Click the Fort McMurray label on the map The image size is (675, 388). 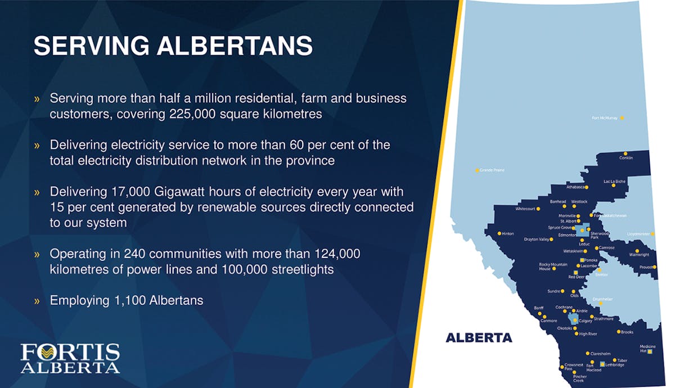(605, 118)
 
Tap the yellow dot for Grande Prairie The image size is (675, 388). (477, 170)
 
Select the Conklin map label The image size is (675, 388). (626, 158)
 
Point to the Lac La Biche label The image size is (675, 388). (614, 181)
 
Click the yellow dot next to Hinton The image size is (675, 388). (499, 233)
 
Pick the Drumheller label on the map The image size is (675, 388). (602, 299)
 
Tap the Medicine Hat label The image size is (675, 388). (647, 349)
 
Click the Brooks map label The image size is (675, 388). (627, 332)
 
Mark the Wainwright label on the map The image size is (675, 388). (639, 255)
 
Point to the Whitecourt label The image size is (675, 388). (525, 209)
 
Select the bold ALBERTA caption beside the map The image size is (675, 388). (479, 338)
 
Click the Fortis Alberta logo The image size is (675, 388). (70, 358)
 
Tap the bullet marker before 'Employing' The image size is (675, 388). (37, 301)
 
